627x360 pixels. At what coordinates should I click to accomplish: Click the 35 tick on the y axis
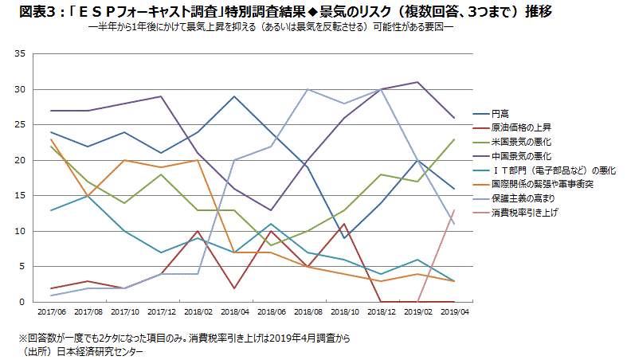coord(21,54)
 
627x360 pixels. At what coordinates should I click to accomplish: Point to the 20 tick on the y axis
coord(21,160)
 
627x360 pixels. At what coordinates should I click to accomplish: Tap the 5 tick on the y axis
coord(24,267)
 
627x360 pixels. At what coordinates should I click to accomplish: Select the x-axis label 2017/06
coord(50,313)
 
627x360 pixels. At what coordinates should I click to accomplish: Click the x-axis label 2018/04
coord(233,313)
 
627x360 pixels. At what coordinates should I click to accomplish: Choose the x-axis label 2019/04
coord(453,313)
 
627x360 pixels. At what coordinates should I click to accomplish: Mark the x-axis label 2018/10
coord(343,313)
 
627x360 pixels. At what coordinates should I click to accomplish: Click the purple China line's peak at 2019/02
coord(417,82)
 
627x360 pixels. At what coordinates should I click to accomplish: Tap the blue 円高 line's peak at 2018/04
coord(233,96)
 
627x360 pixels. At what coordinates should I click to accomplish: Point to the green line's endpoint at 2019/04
coord(453,139)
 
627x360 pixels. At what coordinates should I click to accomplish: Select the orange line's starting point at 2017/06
coord(50,139)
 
